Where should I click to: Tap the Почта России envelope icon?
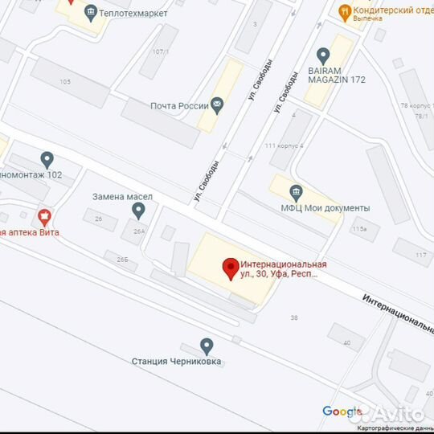click(x=217, y=105)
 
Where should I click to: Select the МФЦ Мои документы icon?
click(x=297, y=191)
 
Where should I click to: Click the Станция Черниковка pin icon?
click(x=207, y=346)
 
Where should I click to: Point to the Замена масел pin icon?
click(x=138, y=211)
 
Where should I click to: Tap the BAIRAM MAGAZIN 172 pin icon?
click(x=323, y=55)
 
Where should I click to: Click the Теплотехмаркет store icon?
click(x=90, y=12)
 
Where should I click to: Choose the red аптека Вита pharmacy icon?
click(x=45, y=216)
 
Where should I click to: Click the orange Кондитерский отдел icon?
click(x=345, y=11)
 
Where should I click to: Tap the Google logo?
click(x=342, y=411)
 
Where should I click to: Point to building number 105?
click(x=65, y=82)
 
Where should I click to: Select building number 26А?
click(x=140, y=231)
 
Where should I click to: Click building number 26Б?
click(x=121, y=260)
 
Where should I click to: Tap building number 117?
click(x=421, y=256)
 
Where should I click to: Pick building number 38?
click(x=293, y=317)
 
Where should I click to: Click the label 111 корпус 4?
click(x=284, y=145)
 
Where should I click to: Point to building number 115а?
click(x=358, y=229)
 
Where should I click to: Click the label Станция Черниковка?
click(x=176, y=362)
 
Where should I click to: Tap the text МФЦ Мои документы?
click(x=337, y=208)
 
